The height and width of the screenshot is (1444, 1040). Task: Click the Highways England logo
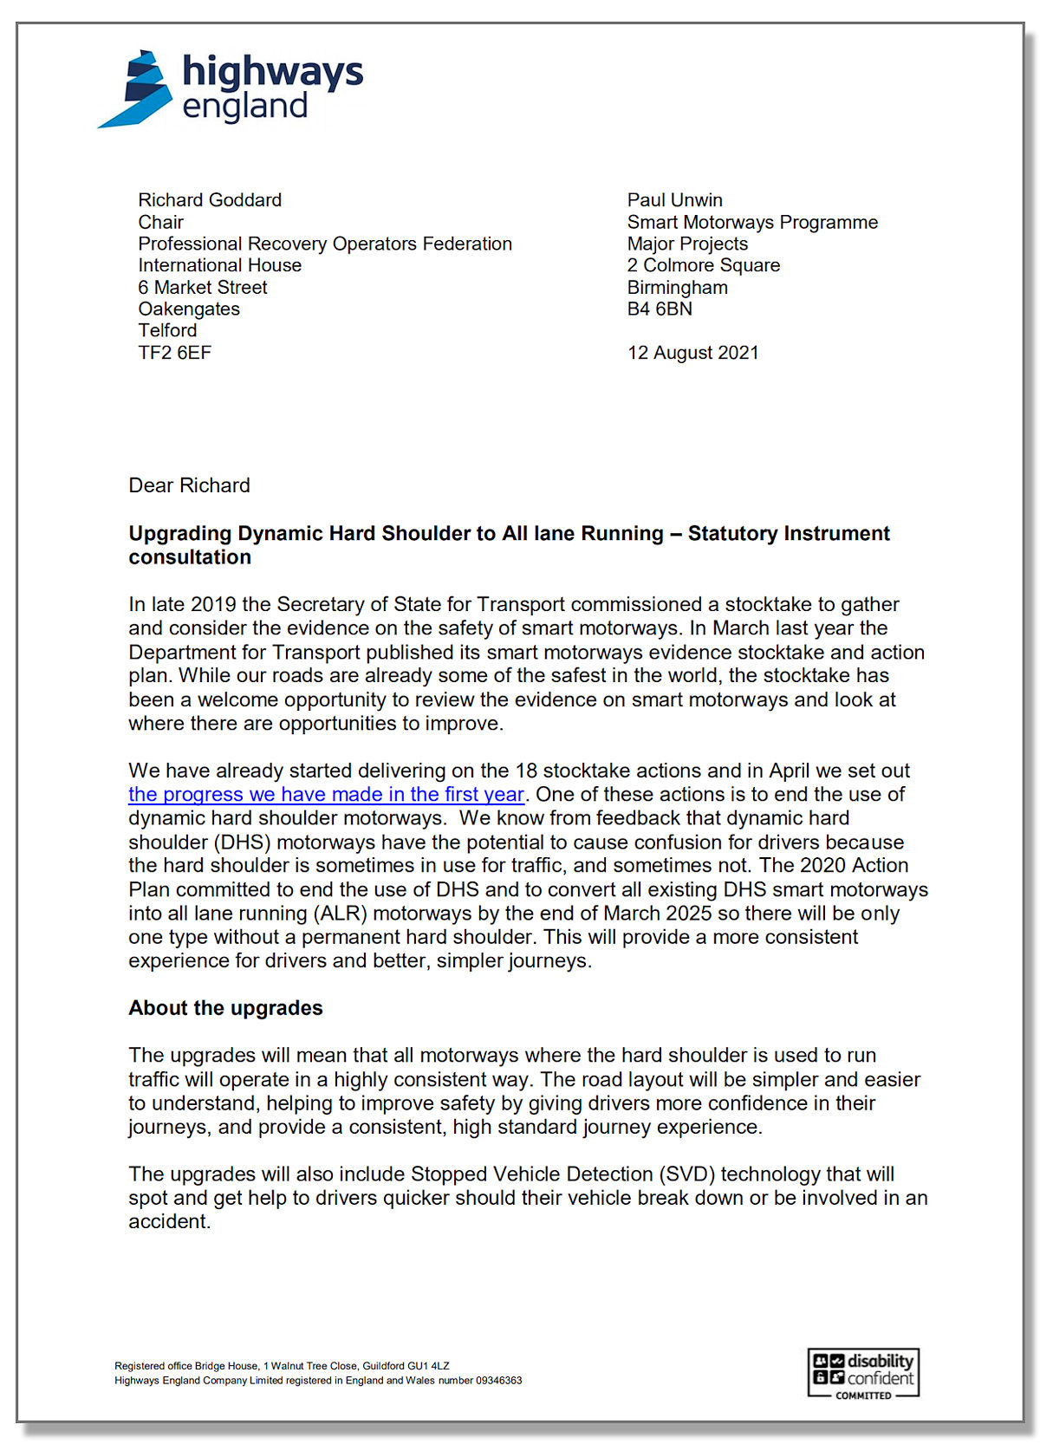pyautogui.click(x=231, y=88)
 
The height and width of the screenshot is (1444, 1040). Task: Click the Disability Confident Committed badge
pyautogui.click(x=863, y=1373)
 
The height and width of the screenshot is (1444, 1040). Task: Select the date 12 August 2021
pyautogui.click(x=692, y=353)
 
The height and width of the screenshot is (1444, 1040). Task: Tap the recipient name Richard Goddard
pyautogui.click(x=210, y=200)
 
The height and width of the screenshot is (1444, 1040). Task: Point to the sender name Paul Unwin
pyautogui.click(x=674, y=200)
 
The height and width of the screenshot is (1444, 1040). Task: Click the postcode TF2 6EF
pyautogui.click(x=174, y=353)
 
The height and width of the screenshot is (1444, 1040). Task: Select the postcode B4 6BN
pyautogui.click(x=660, y=309)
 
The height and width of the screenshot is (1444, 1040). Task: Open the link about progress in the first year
pyautogui.click(x=326, y=795)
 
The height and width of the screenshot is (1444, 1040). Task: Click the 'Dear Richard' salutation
pyautogui.click(x=189, y=485)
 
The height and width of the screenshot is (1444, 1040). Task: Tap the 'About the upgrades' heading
pyautogui.click(x=225, y=1008)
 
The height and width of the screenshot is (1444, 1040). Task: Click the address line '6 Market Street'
pyautogui.click(x=202, y=288)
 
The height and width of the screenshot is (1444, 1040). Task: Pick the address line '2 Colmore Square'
pyautogui.click(x=703, y=265)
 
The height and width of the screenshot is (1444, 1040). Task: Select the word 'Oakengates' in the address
pyautogui.click(x=189, y=309)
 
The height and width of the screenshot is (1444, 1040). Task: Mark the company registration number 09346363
pyautogui.click(x=498, y=1381)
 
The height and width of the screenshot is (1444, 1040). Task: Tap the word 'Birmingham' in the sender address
pyautogui.click(x=677, y=288)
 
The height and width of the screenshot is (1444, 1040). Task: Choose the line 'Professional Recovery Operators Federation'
pyautogui.click(x=325, y=244)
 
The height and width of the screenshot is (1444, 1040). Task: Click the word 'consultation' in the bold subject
pyautogui.click(x=190, y=557)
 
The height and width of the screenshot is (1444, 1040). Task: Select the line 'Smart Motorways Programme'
pyautogui.click(x=752, y=222)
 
